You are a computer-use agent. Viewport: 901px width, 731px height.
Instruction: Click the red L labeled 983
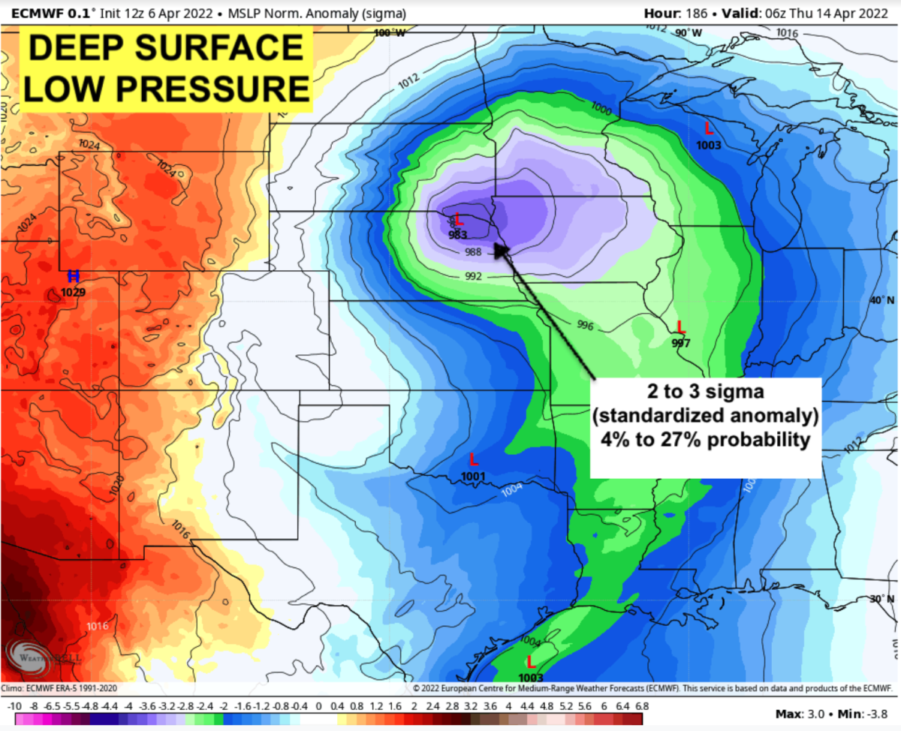pyautogui.click(x=459, y=221)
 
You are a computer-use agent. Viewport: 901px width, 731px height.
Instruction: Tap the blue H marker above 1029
pyautogui.click(x=74, y=276)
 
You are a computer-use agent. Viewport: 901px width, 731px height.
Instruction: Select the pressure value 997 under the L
pyautogui.click(x=681, y=344)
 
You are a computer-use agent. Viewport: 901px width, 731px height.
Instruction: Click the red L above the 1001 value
pyautogui.click(x=473, y=459)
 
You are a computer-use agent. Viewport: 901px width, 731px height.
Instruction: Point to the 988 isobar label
pyautogui.click(x=473, y=252)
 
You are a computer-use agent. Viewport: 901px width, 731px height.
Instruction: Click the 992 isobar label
pyautogui.click(x=473, y=276)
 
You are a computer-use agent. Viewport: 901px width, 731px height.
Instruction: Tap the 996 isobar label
pyautogui.click(x=586, y=325)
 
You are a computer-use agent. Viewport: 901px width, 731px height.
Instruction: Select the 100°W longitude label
pyautogui.click(x=390, y=33)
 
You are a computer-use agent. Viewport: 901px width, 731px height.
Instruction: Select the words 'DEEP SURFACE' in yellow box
pyautogui.click(x=166, y=48)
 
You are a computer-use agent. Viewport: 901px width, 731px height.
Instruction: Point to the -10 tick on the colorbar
pyautogui.click(x=14, y=706)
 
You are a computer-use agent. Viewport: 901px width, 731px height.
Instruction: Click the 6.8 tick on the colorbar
pyautogui.click(x=641, y=706)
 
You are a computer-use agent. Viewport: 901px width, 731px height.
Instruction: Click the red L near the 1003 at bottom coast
pyautogui.click(x=531, y=661)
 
